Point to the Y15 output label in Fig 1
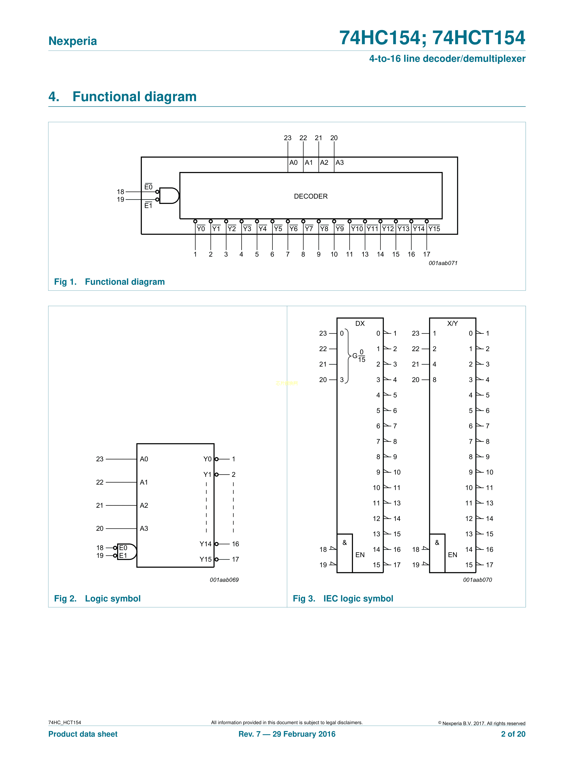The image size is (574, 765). [x=434, y=229]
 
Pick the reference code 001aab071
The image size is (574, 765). [x=443, y=263]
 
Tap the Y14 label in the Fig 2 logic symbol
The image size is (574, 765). [x=205, y=544]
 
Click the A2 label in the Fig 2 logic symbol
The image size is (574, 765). [x=144, y=505]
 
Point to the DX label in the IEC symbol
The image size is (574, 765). [x=360, y=323]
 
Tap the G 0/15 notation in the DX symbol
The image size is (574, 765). [x=359, y=356]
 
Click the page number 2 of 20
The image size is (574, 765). [x=513, y=734]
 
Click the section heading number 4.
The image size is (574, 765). [x=54, y=97]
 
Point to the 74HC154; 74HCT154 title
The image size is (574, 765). [x=432, y=38]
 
